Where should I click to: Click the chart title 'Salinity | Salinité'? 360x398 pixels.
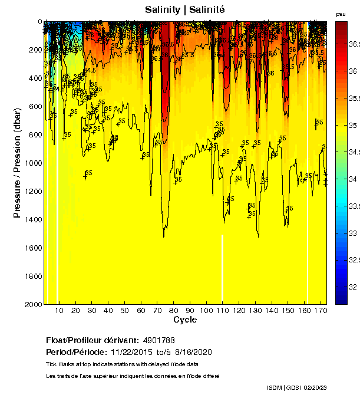click(x=184, y=9)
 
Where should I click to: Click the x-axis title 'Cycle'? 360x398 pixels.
click(x=185, y=320)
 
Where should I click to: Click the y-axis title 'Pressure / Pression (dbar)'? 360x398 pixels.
click(x=17, y=164)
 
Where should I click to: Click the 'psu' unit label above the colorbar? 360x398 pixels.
click(x=341, y=14)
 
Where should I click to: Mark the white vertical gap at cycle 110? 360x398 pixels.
click(x=222, y=268)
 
